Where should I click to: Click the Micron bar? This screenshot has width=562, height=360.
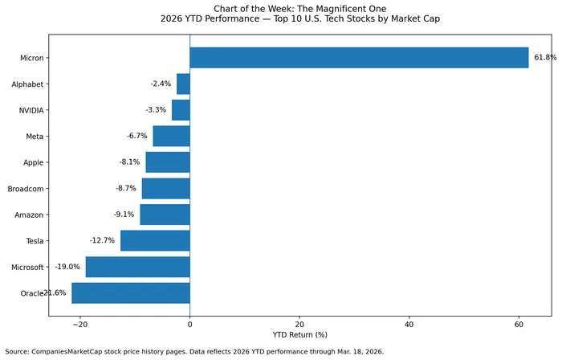pyautogui.click(x=359, y=58)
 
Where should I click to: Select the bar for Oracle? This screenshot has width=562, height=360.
pyautogui.click(x=130, y=293)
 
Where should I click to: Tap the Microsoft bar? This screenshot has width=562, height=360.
pyautogui.click(x=137, y=267)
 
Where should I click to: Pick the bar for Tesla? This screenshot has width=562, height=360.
pyautogui.click(x=155, y=240)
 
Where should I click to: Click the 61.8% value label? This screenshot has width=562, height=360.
pyautogui.click(x=544, y=58)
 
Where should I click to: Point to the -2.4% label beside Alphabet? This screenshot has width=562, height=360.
pyautogui.click(x=161, y=84)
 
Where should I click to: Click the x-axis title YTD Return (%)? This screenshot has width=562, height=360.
pyautogui.click(x=299, y=335)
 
